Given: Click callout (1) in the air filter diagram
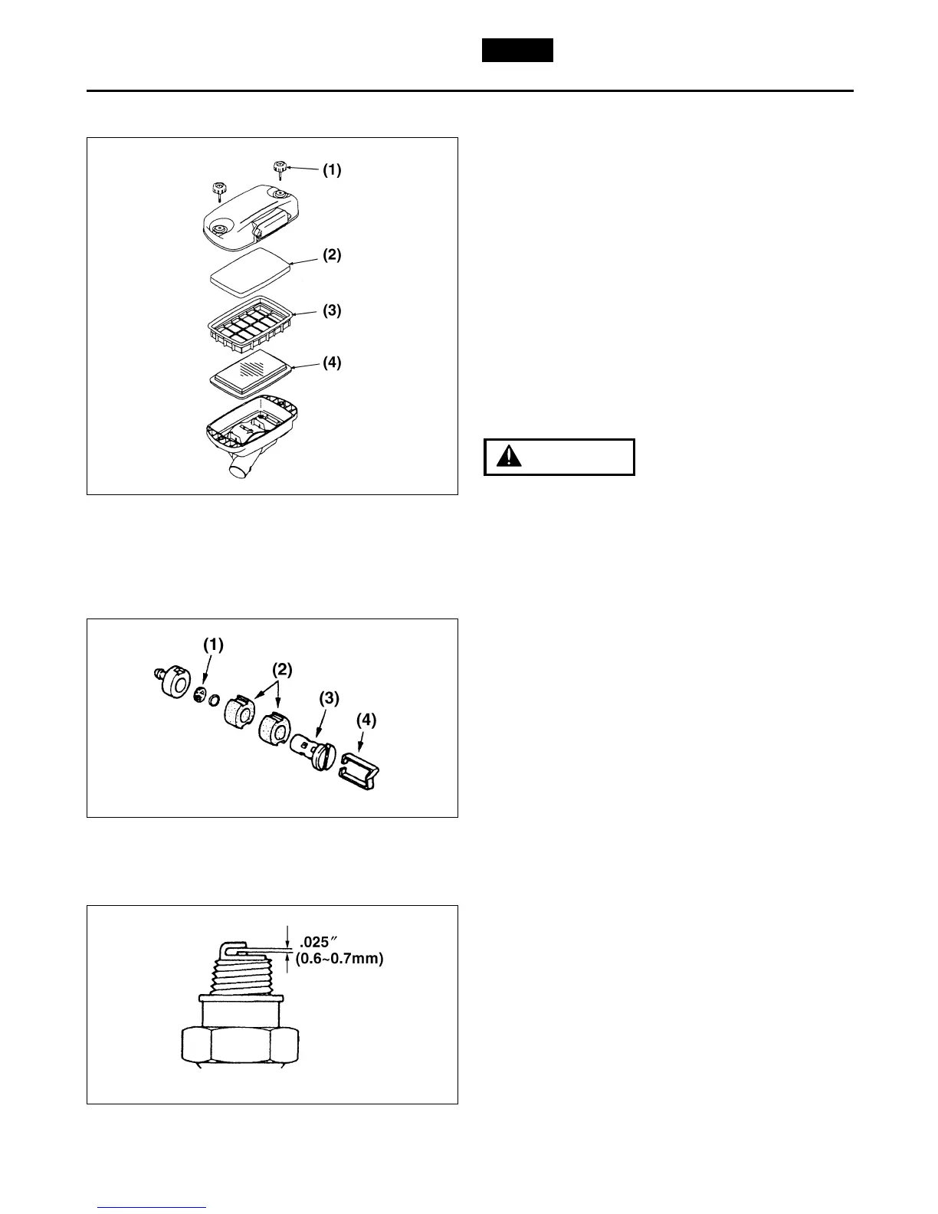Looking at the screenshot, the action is pyautogui.click(x=331, y=171).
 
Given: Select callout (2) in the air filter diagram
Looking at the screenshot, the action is pyautogui.click(x=331, y=255).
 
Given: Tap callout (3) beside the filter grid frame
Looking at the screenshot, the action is pyautogui.click(x=331, y=310).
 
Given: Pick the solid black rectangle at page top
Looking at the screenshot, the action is pyautogui.click(x=517, y=50).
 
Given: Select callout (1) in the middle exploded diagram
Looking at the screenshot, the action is pyautogui.click(x=213, y=645).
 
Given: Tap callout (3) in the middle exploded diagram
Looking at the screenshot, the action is pyautogui.click(x=330, y=698).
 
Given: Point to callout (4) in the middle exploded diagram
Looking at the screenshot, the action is pyautogui.click(x=366, y=720).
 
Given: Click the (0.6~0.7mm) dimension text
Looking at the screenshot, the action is pyautogui.click(x=339, y=959).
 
